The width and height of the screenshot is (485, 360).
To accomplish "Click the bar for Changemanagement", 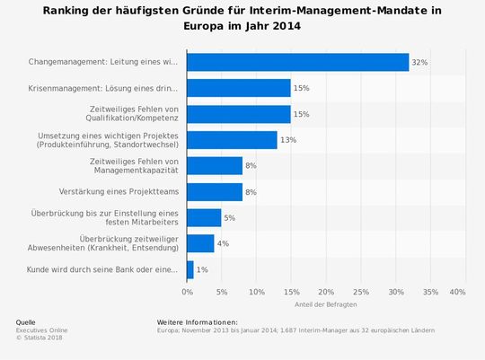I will (297, 62).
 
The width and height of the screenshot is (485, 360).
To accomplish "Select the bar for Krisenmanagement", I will (239, 88).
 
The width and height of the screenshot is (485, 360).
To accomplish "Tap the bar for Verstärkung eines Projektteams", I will (215, 191).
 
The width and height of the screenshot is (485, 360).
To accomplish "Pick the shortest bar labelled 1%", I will (190, 269).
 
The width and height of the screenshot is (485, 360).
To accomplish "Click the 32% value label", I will (419, 62).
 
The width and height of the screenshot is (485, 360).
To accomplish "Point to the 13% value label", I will (287, 140).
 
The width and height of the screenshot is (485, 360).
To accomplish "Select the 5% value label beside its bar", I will (230, 218).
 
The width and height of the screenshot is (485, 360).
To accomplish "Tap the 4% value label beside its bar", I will (223, 243).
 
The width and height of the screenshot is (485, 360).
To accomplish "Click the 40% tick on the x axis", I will (457, 292).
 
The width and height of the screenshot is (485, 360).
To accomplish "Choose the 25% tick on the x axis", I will (360, 292).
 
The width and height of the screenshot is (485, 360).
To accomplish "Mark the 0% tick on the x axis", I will (187, 292).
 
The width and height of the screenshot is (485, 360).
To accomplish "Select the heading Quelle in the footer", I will (27, 322).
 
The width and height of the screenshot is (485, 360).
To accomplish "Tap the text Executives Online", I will (41, 329).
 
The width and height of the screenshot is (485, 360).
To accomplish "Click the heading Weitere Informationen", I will (197, 322).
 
